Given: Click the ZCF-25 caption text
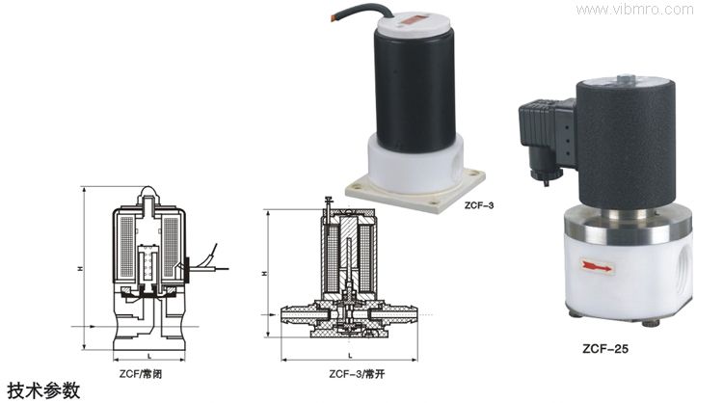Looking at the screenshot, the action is pyautogui.click(x=605, y=349).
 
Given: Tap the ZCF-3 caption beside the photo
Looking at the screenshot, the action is pyautogui.click(x=479, y=205).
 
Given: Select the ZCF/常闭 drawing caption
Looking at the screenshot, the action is pyautogui.click(x=141, y=374).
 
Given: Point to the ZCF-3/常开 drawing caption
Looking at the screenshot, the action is pyautogui.click(x=357, y=374).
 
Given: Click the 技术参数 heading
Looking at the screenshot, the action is pyautogui.click(x=43, y=391).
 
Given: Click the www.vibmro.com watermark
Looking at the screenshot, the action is pyautogui.click(x=634, y=10).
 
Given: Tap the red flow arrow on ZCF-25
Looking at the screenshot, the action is pyautogui.click(x=597, y=266).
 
